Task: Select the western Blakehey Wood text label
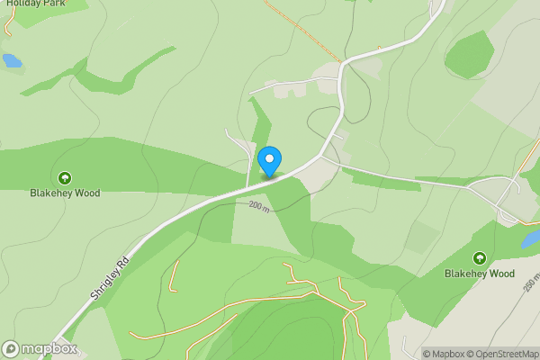click(64, 193)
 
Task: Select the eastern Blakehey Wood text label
click(479, 274)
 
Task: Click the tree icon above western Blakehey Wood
click(64, 177)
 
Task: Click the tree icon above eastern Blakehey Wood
click(479, 258)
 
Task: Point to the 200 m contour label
click(261, 206)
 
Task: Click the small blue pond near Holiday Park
click(11, 61)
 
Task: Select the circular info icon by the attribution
click(416, 354)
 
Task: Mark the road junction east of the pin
click(321, 155)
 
